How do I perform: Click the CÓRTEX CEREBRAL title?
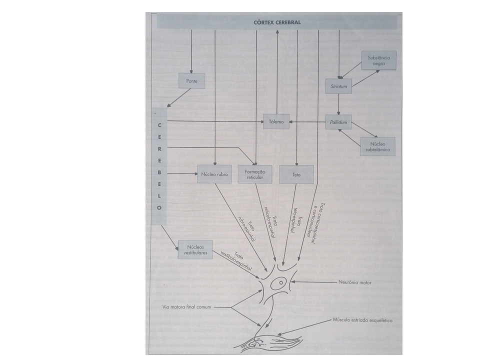[x=277, y=22]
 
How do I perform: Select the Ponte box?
[x=192, y=81]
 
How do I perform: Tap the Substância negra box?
[x=379, y=60]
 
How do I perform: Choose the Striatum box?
[x=338, y=86]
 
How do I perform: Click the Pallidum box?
[x=338, y=122]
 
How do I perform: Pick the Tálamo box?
[x=276, y=121]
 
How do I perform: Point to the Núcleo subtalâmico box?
[x=378, y=146]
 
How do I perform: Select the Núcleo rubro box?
[x=214, y=174]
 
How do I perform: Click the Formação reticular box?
[x=254, y=174]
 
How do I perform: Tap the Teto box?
[x=296, y=174]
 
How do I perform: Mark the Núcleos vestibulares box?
[x=195, y=250]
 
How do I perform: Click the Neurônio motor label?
[x=355, y=282]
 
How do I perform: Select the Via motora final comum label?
[x=186, y=306]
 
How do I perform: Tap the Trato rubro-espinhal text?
[x=248, y=229]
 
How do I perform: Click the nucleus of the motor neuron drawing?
[x=280, y=282]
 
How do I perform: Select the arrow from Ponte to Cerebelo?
[x=179, y=97]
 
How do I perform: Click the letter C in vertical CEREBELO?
[x=159, y=125]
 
